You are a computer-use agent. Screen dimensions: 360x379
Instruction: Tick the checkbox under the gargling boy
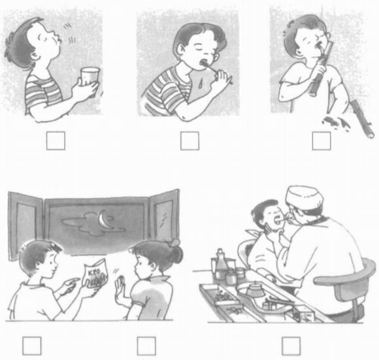[x=56, y=140]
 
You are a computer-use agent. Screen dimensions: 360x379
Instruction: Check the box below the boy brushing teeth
[x=189, y=140]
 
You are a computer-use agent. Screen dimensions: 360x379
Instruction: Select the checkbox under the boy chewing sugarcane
[x=321, y=140]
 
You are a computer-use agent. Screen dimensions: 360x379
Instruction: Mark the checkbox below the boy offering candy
[x=31, y=345]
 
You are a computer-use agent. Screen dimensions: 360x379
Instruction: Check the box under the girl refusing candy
[x=146, y=345]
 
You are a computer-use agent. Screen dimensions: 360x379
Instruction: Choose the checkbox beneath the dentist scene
[x=291, y=345]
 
